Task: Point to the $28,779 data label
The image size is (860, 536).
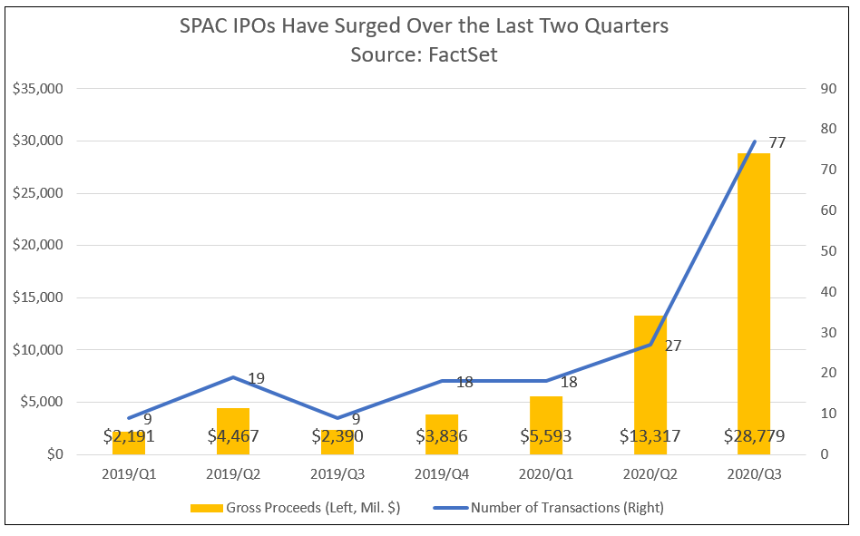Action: (x=754, y=436)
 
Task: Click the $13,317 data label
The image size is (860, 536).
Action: (x=650, y=436)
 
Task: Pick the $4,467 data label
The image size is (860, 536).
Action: (x=232, y=436)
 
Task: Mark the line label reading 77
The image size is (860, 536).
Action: (x=777, y=142)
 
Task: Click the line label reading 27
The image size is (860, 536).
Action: (x=672, y=346)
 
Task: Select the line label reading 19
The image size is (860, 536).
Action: (x=256, y=378)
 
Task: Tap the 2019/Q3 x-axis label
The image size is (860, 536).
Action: (x=337, y=474)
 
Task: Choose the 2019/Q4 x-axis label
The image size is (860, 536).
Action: (x=441, y=474)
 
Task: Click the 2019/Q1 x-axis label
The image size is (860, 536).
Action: (x=128, y=474)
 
